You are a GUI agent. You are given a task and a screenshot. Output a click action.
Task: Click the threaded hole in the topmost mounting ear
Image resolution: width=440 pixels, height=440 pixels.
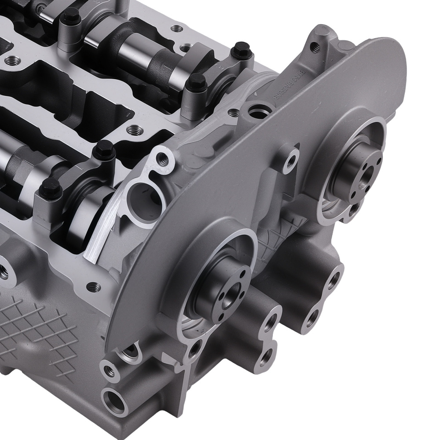(x=313, y=46)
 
